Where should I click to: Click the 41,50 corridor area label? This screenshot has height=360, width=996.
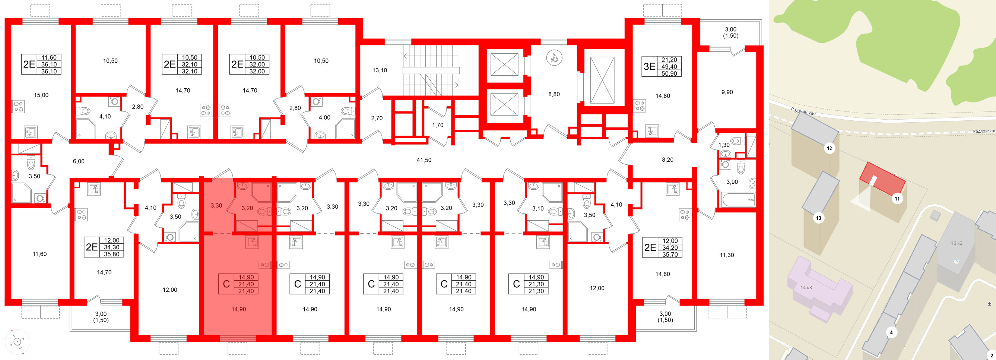pyautogui.click(x=424, y=160)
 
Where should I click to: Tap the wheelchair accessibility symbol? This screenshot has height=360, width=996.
pyautogui.click(x=554, y=58)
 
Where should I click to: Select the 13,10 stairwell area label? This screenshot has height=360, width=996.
pyautogui.click(x=379, y=70)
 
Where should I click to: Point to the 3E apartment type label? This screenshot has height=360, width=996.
pyautogui.click(x=649, y=66)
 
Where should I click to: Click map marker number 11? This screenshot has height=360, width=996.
pyautogui.click(x=897, y=199)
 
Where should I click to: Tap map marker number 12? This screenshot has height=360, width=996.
pyautogui.click(x=829, y=148)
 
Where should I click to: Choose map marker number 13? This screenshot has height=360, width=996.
pyautogui.click(x=819, y=218)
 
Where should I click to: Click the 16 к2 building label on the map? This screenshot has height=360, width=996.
pyautogui.click(x=957, y=243)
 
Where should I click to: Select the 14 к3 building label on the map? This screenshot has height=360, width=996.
pyautogui.click(x=806, y=287)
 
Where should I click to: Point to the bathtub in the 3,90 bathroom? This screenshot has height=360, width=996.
pyautogui.click(x=738, y=200)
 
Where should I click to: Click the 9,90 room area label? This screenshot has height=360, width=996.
pyautogui.click(x=727, y=92)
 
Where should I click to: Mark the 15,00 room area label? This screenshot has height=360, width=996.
pyautogui.click(x=41, y=95)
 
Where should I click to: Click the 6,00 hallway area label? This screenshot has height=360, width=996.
pyautogui.click(x=79, y=162)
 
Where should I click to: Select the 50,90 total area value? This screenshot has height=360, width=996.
pyautogui.click(x=669, y=73)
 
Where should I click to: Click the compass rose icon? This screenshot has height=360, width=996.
pyautogui.click(x=18, y=342)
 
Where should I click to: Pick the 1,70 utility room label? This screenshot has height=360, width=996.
pyautogui.click(x=438, y=125)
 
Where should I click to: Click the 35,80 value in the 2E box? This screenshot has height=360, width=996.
pyautogui.click(x=111, y=254)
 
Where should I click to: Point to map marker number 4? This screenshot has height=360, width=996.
pyautogui.click(x=891, y=332)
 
